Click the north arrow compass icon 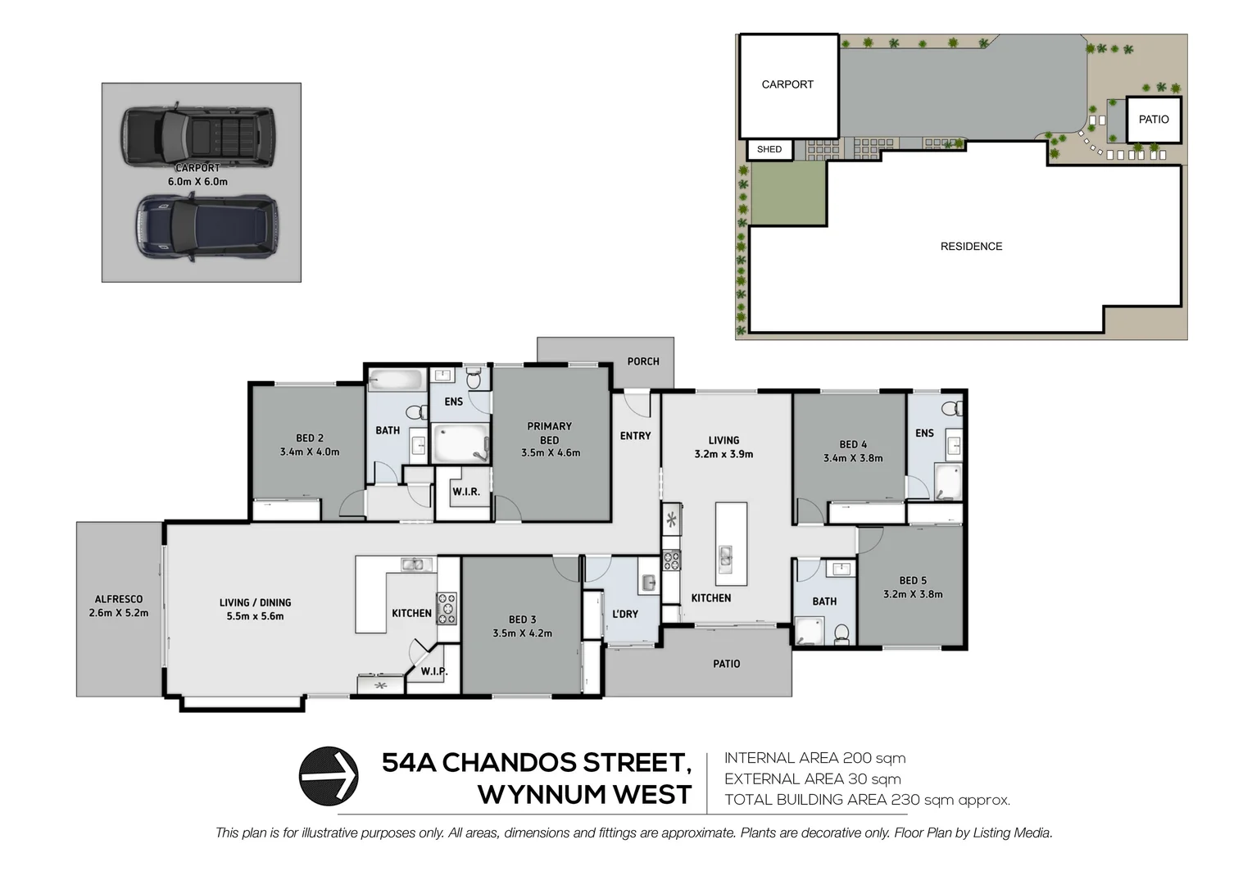329,776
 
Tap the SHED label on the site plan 769,149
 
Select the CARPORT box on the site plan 788,86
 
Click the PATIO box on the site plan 1154,120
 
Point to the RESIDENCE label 971,247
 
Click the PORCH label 643,361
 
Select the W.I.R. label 466,492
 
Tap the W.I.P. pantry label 434,672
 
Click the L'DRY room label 625,614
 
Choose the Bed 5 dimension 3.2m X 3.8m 913,595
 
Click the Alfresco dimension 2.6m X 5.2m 119,613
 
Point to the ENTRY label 635,436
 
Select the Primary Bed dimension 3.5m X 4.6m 551,453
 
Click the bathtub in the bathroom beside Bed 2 395,380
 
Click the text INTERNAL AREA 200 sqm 814,759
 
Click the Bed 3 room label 522,619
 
